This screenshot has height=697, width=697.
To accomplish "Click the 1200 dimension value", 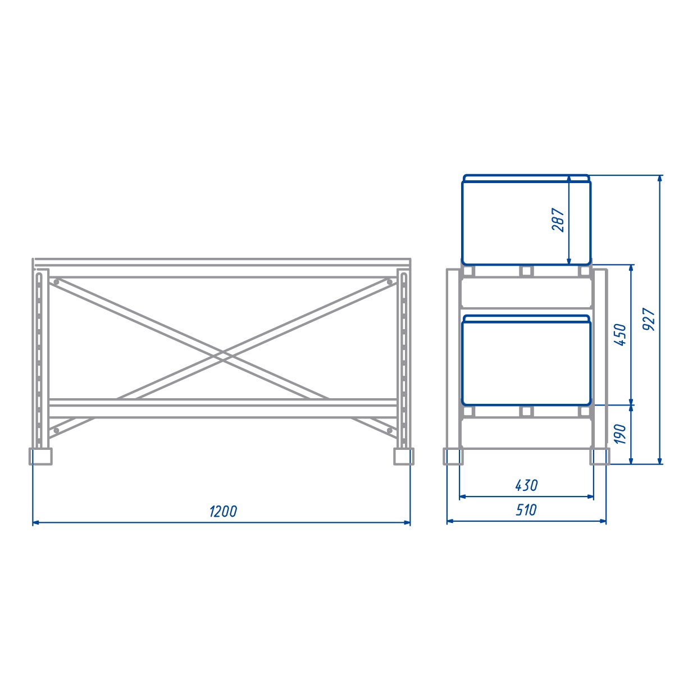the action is tap(223, 511).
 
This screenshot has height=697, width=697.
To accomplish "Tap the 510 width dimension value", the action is tap(526, 510).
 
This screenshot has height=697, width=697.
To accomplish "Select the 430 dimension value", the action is tap(526, 485).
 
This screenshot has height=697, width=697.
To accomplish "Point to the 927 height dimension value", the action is tap(649, 319).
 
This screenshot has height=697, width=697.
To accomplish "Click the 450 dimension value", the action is tap(621, 335).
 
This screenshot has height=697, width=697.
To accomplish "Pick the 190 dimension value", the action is tap(621, 434).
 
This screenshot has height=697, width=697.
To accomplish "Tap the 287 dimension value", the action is tap(558, 220).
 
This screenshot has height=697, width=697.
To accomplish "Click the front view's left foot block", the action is tap(40, 456).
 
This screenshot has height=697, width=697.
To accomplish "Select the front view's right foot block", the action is tap(404, 456).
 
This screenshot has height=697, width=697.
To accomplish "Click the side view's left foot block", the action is tap(453, 456).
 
